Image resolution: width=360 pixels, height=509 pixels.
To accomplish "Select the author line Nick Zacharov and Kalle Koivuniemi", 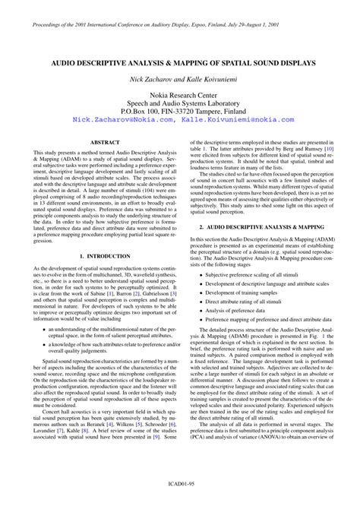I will (179, 78).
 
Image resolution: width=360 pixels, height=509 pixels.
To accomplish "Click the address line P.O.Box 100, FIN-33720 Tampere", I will (179, 111).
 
